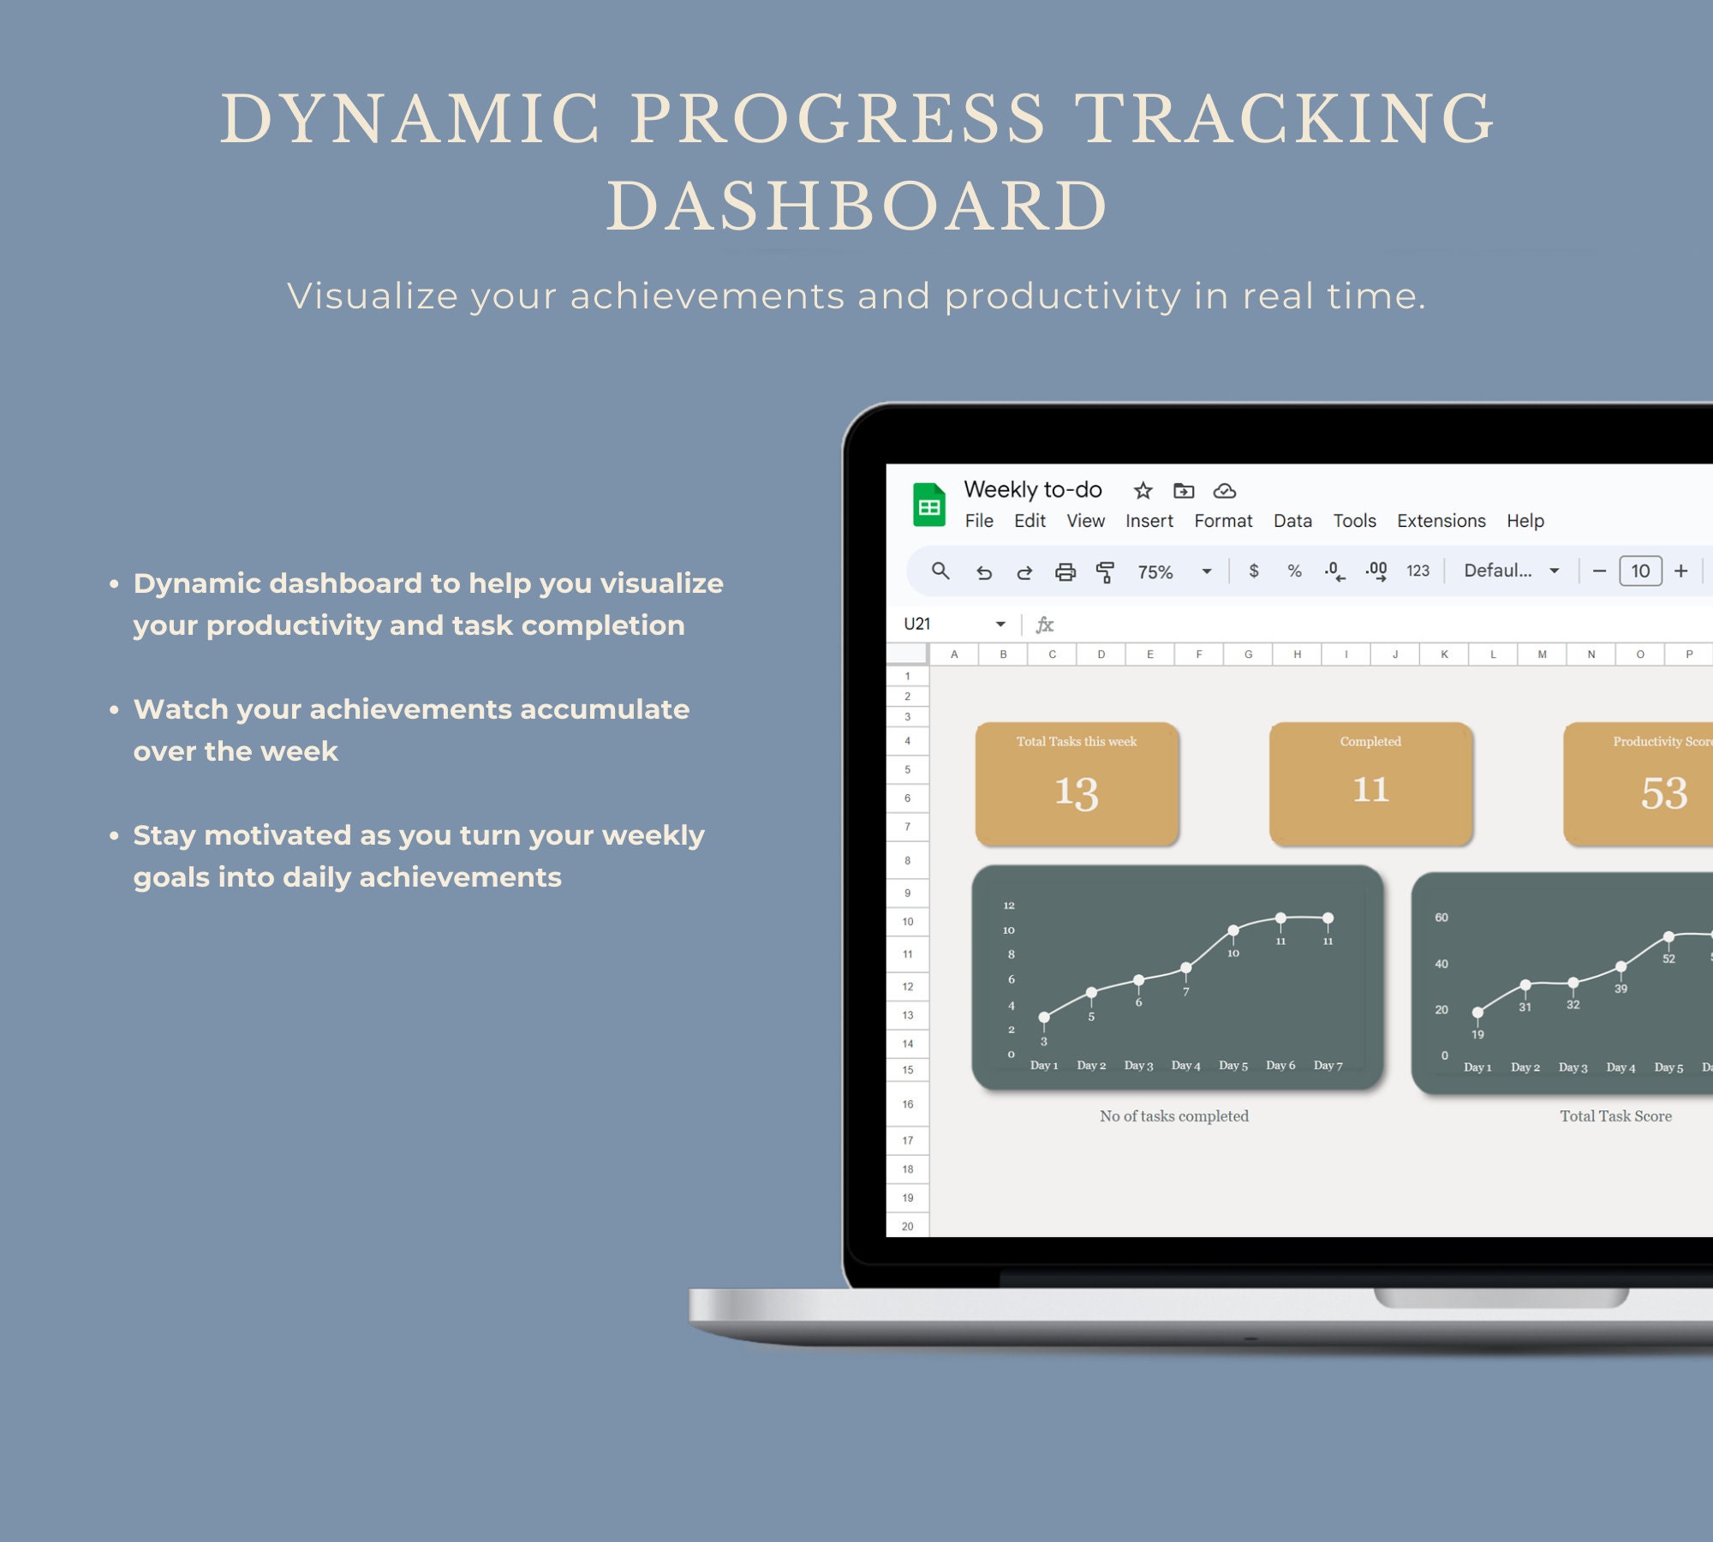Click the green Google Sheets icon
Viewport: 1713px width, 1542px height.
coord(929,505)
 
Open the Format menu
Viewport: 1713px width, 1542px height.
coord(1223,521)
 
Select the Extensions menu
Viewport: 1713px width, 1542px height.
coord(1441,521)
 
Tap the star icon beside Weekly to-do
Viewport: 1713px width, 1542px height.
coord(1143,490)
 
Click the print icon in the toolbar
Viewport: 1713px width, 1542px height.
coord(1065,572)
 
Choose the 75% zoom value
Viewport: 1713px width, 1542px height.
coord(1155,572)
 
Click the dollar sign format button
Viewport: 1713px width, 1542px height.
coord(1254,571)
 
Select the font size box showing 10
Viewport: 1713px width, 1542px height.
coord(1640,571)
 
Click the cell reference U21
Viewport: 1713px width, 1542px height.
coord(917,624)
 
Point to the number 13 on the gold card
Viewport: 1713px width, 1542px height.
coord(1077,792)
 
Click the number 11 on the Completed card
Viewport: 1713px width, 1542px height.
coord(1370,789)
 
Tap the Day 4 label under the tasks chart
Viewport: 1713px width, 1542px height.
coord(1185,1066)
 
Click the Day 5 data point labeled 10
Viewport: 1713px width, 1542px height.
coord(1233,930)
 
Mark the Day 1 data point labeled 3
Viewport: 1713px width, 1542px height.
coord(1044,1018)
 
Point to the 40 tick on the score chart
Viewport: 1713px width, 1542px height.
coord(1441,964)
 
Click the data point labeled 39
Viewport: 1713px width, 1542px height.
coord(1620,966)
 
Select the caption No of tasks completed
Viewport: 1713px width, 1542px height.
coord(1174,1116)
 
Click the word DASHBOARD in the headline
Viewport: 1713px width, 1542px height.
coord(857,206)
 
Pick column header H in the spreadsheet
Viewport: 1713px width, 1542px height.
coord(1298,654)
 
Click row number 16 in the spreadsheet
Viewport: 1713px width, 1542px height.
coord(908,1104)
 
